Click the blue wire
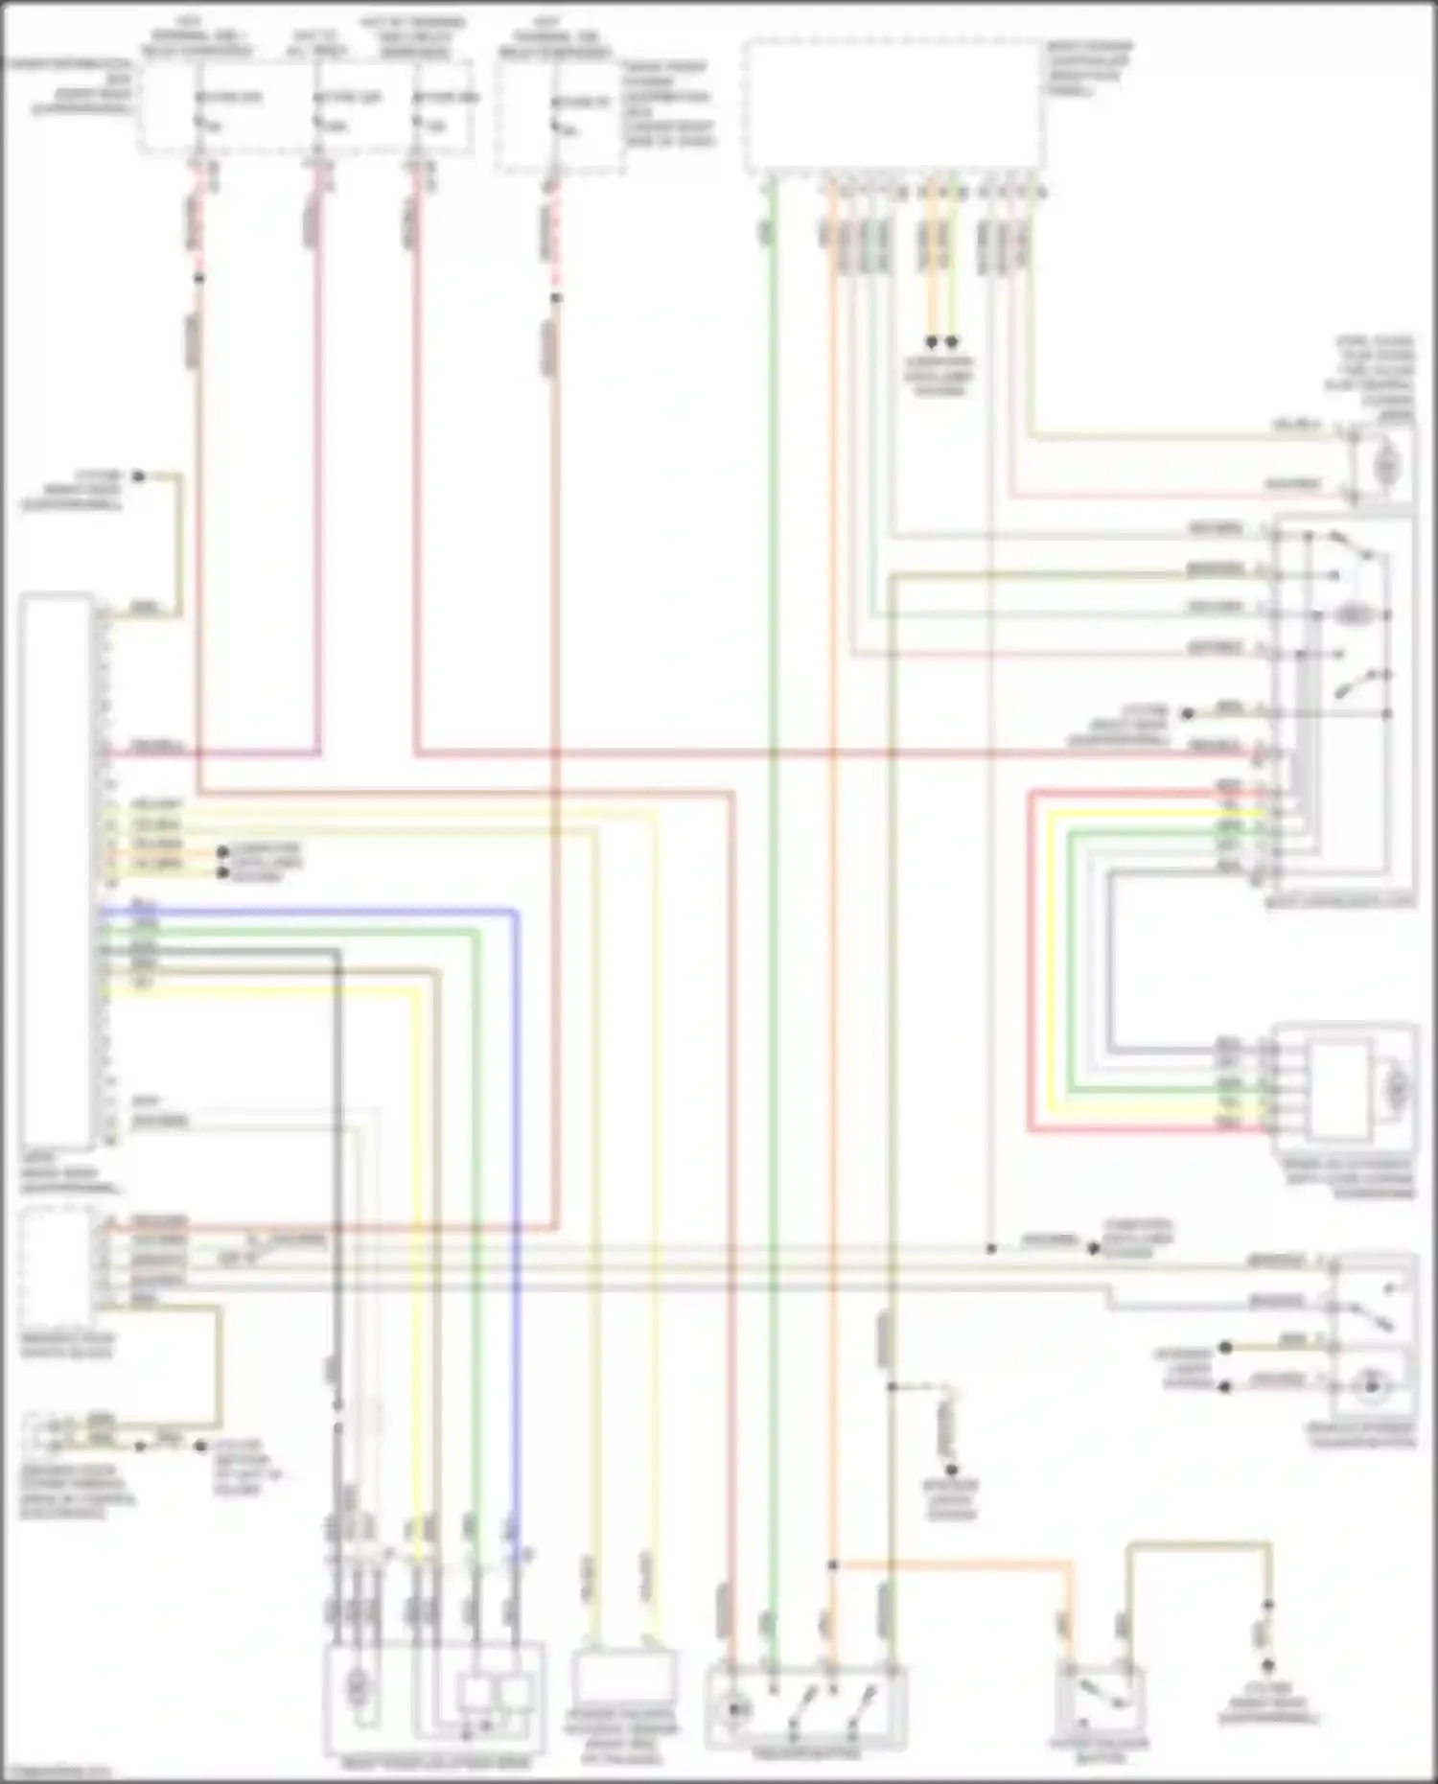[516, 1150]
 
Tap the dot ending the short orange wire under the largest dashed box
[931, 342]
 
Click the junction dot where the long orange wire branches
[832, 1564]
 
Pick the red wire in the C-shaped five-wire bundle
[1031, 959]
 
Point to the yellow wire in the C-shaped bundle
[1052, 959]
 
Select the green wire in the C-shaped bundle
[1071, 959]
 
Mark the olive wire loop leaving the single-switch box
[1198, 1545]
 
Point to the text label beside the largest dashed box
[1087, 67]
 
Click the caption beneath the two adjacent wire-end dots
[940, 377]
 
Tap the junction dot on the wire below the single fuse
[556, 297]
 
